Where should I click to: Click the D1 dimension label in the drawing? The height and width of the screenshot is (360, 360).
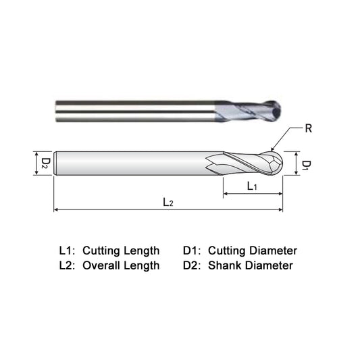[x=306, y=165]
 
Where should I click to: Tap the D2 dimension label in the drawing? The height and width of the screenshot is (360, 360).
[x=44, y=163]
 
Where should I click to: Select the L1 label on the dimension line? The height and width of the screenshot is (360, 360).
[x=251, y=186]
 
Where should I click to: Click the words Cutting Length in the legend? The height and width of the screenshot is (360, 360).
[x=121, y=251]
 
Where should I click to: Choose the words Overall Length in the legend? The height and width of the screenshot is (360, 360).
[x=121, y=265]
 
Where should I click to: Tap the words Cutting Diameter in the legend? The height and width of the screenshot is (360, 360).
[x=253, y=251]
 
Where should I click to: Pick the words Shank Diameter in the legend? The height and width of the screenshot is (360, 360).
[x=250, y=265]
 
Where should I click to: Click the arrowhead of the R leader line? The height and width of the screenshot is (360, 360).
[x=271, y=149]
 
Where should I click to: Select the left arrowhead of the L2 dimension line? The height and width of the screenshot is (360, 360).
[x=56, y=209]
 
